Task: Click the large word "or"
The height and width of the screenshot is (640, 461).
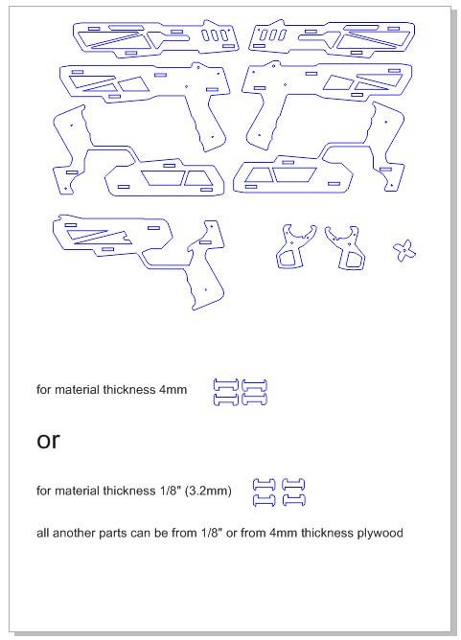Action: click(48, 441)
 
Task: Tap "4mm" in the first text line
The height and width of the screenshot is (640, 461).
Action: click(173, 390)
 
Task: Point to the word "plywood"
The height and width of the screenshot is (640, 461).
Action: click(380, 532)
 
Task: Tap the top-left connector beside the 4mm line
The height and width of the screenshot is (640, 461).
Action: click(224, 385)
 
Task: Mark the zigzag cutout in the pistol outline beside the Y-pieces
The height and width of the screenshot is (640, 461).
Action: click(96, 236)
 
